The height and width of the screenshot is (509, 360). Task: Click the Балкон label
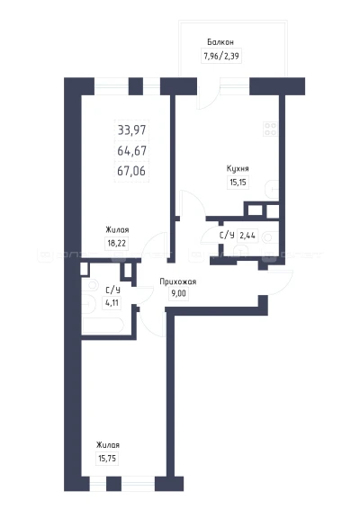tap(220, 42)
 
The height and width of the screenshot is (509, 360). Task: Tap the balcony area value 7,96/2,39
tap(221, 56)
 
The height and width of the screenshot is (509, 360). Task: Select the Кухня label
tap(238, 169)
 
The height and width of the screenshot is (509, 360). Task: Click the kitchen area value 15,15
tap(238, 183)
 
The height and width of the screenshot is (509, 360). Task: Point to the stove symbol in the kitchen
tap(270, 129)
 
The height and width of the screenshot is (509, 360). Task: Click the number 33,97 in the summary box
tap(132, 130)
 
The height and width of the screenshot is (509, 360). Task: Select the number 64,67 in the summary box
tap(132, 150)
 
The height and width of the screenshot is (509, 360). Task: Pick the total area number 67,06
tap(131, 171)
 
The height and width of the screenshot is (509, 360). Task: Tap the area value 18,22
tap(117, 243)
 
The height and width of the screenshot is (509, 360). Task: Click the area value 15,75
tap(107, 459)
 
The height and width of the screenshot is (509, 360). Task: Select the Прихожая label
tap(178, 281)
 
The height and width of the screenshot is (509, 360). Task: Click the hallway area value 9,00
tap(179, 294)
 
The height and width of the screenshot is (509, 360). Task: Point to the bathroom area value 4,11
tap(112, 303)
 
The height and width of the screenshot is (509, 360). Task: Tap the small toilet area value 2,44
tap(247, 235)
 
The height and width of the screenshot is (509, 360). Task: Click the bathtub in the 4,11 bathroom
tap(103, 326)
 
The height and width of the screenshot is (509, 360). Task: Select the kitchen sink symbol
tap(272, 190)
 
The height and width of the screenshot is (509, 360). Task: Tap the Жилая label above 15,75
tap(107, 445)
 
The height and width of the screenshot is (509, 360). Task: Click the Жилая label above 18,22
tap(117, 230)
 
